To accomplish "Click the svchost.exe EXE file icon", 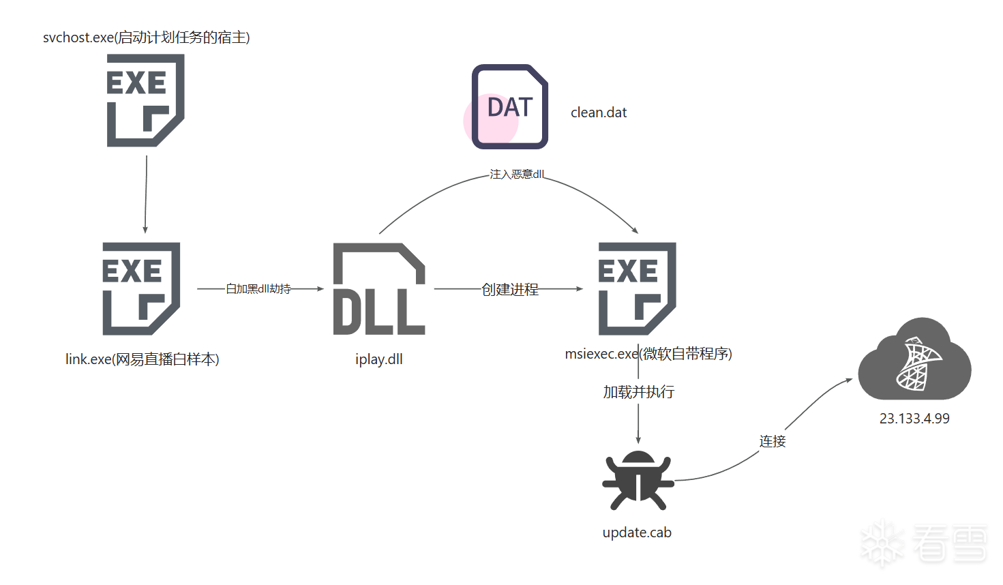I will pos(145,100).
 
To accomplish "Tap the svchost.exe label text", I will pos(147,37).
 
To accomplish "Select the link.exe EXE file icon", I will pos(141,288).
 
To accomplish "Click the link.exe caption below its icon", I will pos(143,359).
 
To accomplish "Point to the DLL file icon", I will pos(379,288).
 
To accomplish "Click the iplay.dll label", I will pos(379,359).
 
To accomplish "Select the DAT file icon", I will pos(510,107).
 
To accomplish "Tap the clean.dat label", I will pos(599,112).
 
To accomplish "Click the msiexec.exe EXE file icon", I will pos(637,288).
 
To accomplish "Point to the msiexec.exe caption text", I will pos(648,354).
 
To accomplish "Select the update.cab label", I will pos(637,532).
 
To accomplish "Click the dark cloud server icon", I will pos(914,359).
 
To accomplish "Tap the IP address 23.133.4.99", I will pos(914,419).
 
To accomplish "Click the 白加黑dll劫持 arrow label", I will pos(258,289).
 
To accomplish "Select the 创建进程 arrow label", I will pos(510,290).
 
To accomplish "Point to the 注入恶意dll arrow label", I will pos(517,174).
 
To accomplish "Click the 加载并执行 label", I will pos(639,392).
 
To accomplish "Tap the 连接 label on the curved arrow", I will pos(773,441).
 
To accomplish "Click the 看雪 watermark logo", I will pos(924,543).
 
